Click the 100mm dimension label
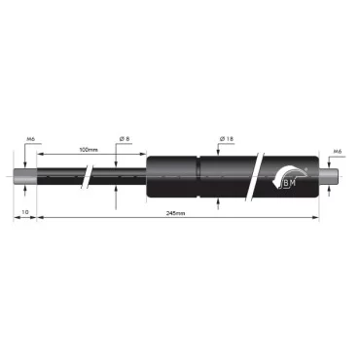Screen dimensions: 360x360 89,150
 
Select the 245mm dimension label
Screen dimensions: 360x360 177,211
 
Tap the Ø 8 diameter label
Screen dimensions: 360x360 126,140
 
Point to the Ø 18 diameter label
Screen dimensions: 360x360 225,140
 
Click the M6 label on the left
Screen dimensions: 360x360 31,139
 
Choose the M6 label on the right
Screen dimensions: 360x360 336,151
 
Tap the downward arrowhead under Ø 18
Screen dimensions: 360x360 217,151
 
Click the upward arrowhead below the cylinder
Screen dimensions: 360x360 217,202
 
